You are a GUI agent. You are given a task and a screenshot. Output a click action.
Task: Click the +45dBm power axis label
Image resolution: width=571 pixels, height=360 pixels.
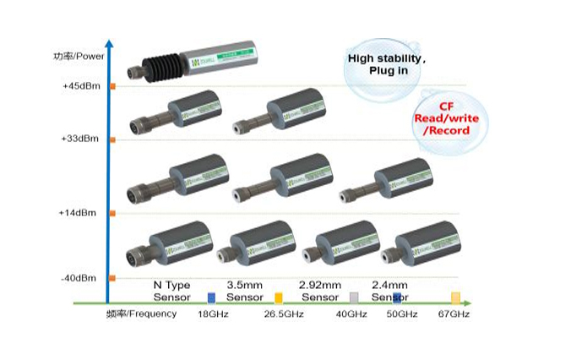pos(80,86)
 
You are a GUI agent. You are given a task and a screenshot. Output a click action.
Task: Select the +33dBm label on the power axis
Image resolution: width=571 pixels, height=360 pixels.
pos(80,138)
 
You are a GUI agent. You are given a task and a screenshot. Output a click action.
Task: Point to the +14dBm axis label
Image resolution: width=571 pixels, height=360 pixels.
pos(80,214)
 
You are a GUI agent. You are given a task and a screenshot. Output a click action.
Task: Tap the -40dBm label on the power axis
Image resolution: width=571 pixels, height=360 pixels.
pos(80,278)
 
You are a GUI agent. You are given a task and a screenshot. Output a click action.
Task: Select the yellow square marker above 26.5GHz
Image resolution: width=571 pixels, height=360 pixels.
pos(279,297)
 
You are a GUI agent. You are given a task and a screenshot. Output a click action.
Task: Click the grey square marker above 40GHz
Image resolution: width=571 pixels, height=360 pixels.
pos(355,297)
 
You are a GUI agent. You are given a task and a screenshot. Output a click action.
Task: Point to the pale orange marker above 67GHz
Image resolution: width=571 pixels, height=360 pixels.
pos(456,297)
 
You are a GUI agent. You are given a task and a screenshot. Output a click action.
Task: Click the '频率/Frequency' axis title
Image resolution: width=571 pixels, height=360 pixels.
pos(142,314)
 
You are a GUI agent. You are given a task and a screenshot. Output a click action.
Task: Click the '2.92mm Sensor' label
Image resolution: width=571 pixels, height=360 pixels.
pos(321,291)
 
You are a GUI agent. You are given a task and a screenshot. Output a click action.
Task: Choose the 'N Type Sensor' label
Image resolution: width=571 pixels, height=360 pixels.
pos(172,291)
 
